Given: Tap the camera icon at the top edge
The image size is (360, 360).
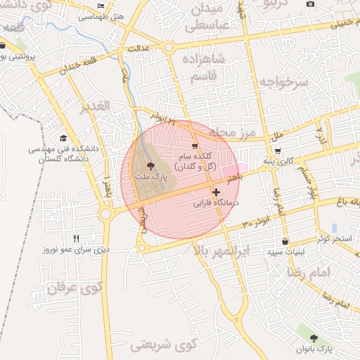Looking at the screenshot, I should tap(311, 4).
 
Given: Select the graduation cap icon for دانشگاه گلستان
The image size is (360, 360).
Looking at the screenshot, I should tap(63, 139).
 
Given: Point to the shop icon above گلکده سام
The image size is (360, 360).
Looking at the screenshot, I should tap(195, 146).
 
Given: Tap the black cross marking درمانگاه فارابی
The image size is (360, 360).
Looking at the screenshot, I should tap(215, 192).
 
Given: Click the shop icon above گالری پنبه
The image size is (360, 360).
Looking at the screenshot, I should tap(278, 151).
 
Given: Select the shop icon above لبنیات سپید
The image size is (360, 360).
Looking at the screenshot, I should tap(284, 241).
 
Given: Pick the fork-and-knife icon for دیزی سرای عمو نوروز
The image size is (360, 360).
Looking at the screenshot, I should tap(76, 238).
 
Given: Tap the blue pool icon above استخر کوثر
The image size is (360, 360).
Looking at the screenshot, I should tap(334, 228).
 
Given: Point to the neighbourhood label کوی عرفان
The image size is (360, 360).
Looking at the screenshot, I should tap(76, 287).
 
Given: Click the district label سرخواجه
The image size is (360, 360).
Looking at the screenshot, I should tap(283, 82).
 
